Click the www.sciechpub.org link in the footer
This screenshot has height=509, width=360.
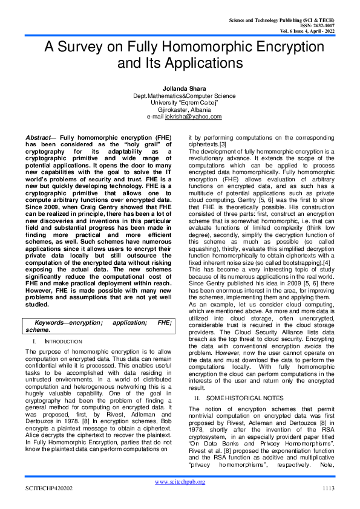coord(180,481)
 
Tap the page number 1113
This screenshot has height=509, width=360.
coord(328,488)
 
